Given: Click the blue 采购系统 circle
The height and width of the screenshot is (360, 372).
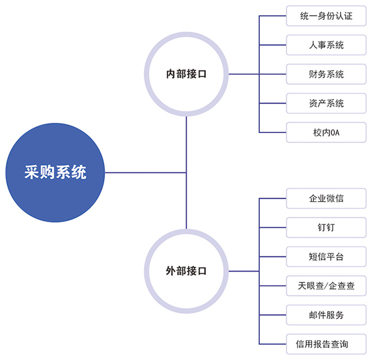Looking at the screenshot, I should pyautogui.click(x=55, y=172).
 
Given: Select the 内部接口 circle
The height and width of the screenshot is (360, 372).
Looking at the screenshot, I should pyautogui.click(x=186, y=74).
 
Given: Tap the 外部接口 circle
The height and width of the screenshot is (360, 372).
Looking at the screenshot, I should pyautogui.click(x=186, y=271).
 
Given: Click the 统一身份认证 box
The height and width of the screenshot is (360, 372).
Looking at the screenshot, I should pyautogui.click(x=326, y=16).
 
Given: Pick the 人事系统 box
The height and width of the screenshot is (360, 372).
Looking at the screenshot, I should pyautogui.click(x=326, y=45).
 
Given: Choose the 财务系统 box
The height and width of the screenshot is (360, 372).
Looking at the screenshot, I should pyautogui.click(x=326, y=74).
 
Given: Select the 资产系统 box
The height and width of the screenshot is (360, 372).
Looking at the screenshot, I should pyautogui.click(x=326, y=103).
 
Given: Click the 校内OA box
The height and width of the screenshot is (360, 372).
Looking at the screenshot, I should pyautogui.click(x=326, y=132).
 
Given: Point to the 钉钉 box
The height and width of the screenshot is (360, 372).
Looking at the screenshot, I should pyautogui.click(x=326, y=227).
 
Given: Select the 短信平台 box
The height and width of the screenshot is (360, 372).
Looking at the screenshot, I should pyautogui.click(x=326, y=256).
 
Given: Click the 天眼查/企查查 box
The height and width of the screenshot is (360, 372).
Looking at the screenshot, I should pyautogui.click(x=326, y=286).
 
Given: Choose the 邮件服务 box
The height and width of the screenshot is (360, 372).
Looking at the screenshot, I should pyautogui.click(x=326, y=314).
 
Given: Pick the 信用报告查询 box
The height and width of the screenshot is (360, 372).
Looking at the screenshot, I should pyautogui.click(x=326, y=344).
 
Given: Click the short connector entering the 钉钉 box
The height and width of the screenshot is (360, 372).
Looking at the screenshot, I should pyautogui.click(x=273, y=227).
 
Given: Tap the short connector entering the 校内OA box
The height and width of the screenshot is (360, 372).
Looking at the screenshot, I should pyautogui.click(x=273, y=132).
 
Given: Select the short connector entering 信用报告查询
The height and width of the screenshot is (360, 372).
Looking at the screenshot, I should pyautogui.click(x=273, y=344).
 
